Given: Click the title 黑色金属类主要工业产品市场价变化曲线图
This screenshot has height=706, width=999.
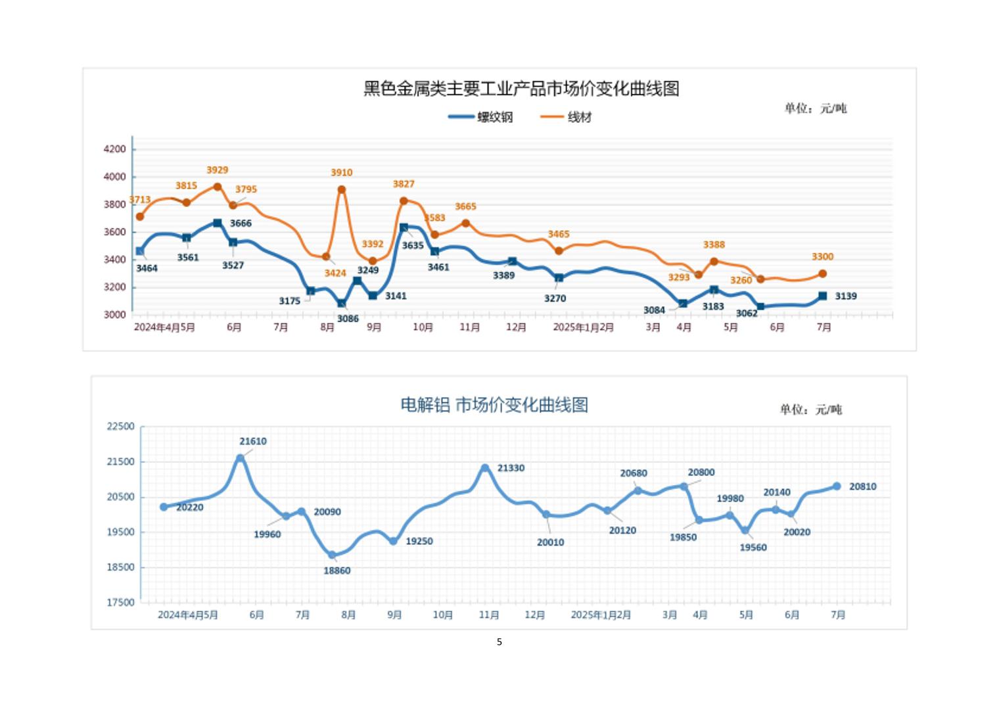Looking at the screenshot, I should (521, 89).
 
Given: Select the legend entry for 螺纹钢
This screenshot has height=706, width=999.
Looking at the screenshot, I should (481, 117).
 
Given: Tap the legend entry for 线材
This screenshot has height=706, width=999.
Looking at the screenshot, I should (567, 117).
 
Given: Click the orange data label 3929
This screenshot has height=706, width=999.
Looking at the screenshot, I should (217, 170).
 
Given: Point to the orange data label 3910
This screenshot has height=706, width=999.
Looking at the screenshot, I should (341, 173).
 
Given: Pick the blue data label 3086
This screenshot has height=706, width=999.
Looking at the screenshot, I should (348, 319).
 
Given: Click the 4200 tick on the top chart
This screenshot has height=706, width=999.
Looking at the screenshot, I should (114, 149).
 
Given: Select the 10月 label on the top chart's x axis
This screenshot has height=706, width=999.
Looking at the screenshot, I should (423, 327).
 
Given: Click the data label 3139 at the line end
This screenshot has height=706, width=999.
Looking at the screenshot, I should (845, 296).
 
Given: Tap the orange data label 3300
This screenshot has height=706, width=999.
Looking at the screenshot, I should (822, 257).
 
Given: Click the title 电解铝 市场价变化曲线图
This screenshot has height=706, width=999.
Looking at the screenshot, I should (494, 405).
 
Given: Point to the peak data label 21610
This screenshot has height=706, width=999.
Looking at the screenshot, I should (253, 442).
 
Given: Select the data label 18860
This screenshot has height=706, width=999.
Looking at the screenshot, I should (337, 571).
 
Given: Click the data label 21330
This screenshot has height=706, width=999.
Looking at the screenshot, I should (511, 468).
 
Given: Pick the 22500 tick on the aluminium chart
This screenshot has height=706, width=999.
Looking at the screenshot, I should (120, 427).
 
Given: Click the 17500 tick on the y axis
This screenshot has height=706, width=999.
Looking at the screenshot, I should (120, 602).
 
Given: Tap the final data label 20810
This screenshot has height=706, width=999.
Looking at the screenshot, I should (862, 487).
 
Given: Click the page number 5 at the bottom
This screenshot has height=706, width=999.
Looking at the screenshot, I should (499, 642).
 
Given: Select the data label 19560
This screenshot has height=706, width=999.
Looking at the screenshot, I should (753, 548).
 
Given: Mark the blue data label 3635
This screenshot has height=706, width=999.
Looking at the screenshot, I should (413, 246).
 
